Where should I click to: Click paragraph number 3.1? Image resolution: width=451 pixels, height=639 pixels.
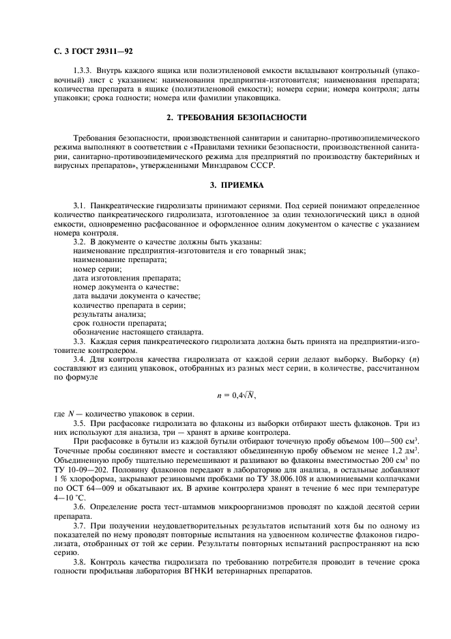(79, 205)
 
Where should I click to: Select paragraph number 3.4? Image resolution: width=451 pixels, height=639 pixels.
(79, 369)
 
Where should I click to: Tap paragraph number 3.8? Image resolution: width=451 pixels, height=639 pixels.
(79, 560)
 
